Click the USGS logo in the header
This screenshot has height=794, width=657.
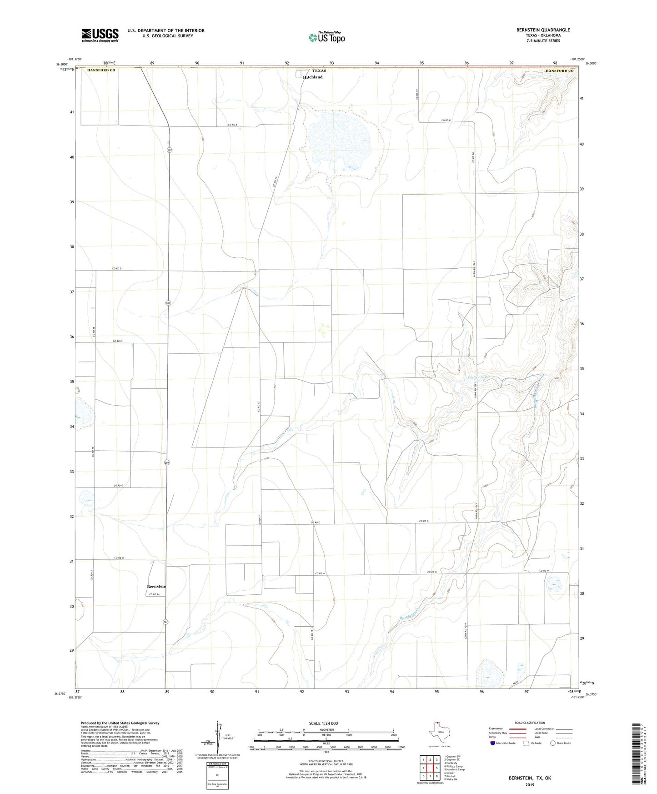100,35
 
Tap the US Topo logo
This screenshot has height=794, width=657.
326,38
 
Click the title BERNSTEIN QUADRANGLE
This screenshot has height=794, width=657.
543,30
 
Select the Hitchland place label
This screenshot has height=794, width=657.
313,77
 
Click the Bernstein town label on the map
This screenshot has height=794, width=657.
156,587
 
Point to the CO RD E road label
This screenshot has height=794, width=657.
118,341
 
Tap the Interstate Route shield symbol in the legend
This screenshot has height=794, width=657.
493,743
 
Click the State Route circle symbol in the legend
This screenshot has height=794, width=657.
552,743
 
